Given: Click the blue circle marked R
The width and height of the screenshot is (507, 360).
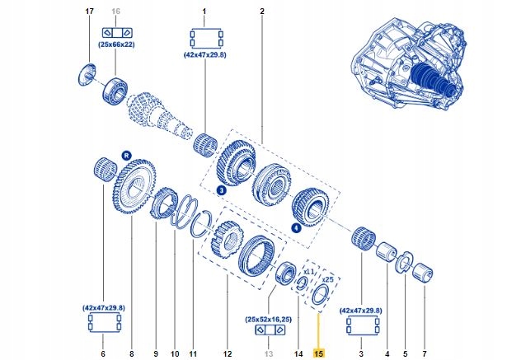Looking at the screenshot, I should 126,154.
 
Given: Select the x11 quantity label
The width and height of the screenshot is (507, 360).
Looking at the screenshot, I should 310,270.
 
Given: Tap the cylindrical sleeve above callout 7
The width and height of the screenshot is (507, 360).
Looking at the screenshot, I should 424,271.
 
